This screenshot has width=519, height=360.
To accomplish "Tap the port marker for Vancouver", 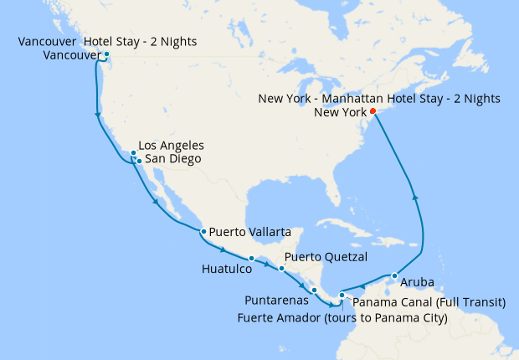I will (x=106, y=55).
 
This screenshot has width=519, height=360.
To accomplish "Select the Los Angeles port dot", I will (x=133, y=152).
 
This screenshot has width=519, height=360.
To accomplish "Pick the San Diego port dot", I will (x=139, y=160).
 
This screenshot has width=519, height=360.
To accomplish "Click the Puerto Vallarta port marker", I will (x=203, y=231).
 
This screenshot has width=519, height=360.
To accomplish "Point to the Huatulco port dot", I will (x=251, y=258).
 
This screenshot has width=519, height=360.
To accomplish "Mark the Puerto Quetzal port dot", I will (x=281, y=268).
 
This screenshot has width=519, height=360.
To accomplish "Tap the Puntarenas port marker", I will (x=313, y=291).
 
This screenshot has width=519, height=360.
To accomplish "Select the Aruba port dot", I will (x=393, y=275).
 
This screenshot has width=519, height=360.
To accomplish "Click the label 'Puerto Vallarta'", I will (x=250, y=231).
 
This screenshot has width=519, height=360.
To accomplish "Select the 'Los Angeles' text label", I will (x=171, y=146).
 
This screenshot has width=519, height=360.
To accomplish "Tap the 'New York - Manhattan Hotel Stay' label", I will (x=379, y=99).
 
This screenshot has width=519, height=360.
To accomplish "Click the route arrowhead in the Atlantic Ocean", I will (x=415, y=198).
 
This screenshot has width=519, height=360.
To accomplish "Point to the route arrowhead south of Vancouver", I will (x=99, y=114).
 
